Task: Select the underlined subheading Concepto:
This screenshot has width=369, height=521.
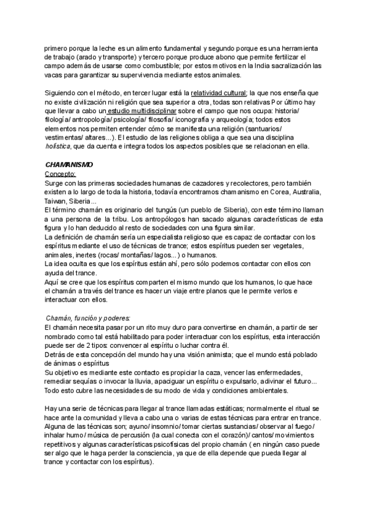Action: click(x=60, y=175)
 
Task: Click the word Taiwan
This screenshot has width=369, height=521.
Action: click(x=57, y=202)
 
